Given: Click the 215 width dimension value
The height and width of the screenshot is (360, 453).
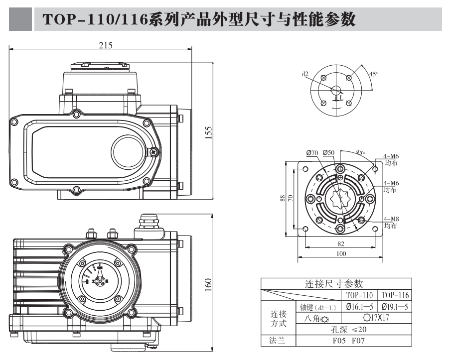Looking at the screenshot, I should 105,45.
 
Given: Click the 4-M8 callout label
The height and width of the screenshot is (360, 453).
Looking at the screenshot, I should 391,219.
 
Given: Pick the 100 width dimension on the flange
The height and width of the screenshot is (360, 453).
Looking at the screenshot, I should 340,254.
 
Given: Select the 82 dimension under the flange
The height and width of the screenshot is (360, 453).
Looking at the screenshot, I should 340,243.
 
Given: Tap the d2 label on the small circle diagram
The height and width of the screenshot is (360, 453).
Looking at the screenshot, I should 304,74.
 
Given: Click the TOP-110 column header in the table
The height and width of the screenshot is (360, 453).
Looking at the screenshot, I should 360,295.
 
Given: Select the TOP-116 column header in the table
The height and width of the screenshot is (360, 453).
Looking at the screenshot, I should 394,295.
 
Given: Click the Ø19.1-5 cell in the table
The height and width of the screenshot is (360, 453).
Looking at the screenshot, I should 394,307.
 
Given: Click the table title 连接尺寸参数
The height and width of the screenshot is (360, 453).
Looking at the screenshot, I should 334,284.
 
